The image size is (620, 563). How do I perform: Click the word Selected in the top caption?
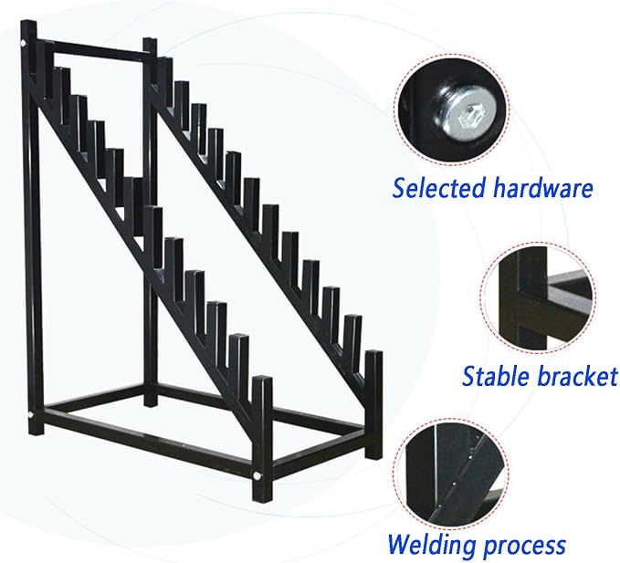439,188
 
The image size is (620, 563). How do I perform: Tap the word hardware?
543,188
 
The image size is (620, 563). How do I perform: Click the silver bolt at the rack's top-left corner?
24,42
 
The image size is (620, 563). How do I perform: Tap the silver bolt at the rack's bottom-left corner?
30,415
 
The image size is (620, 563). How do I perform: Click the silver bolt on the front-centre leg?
257,476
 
